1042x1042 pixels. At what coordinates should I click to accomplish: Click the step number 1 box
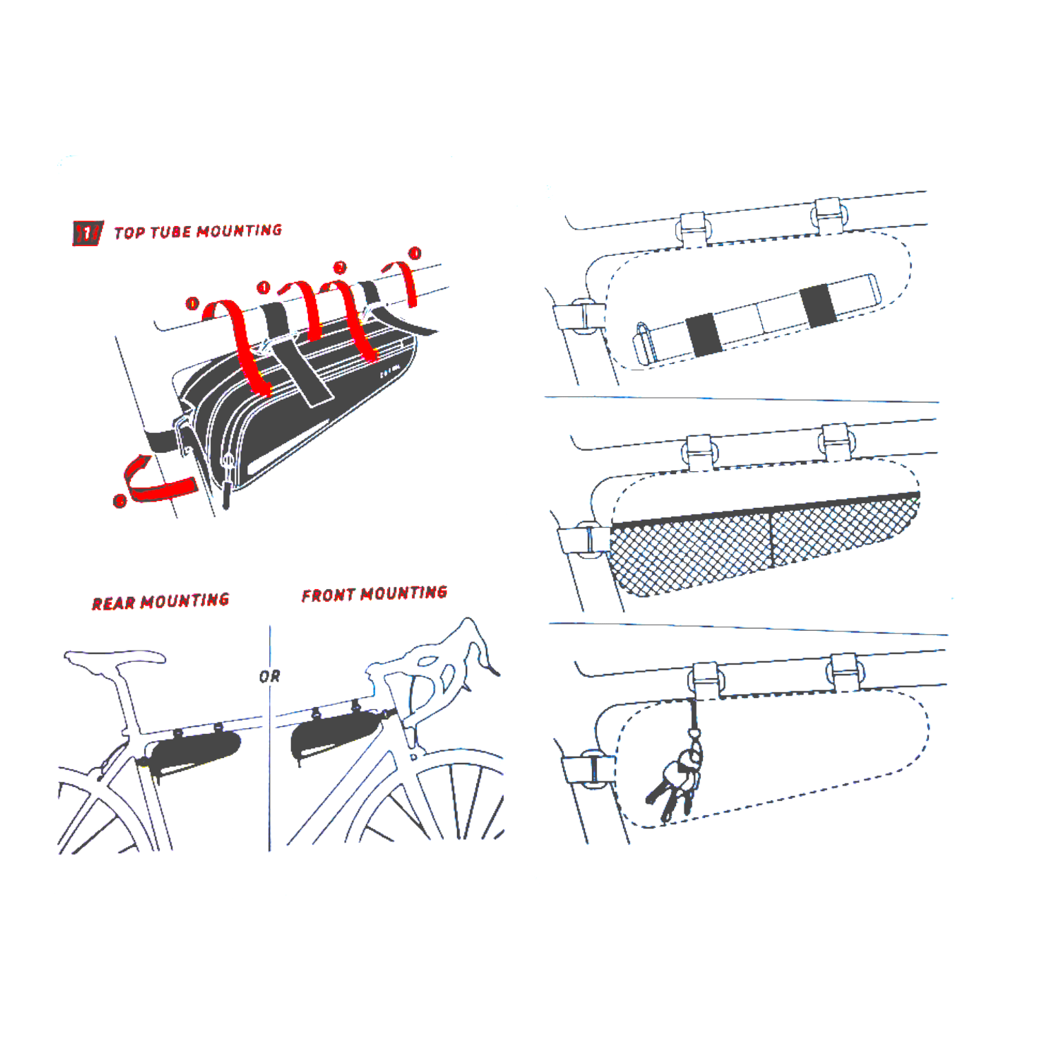point(88,234)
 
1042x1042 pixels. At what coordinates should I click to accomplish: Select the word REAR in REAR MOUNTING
point(114,604)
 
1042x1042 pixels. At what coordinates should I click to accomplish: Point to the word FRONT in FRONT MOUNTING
point(328,595)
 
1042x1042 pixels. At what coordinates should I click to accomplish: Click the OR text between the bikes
point(269,677)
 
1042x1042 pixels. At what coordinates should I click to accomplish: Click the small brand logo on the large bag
point(389,372)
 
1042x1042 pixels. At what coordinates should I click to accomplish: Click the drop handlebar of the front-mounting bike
point(476,644)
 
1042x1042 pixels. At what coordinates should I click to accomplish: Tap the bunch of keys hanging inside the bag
point(675,782)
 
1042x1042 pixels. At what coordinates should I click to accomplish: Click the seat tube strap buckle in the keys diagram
point(590,768)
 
